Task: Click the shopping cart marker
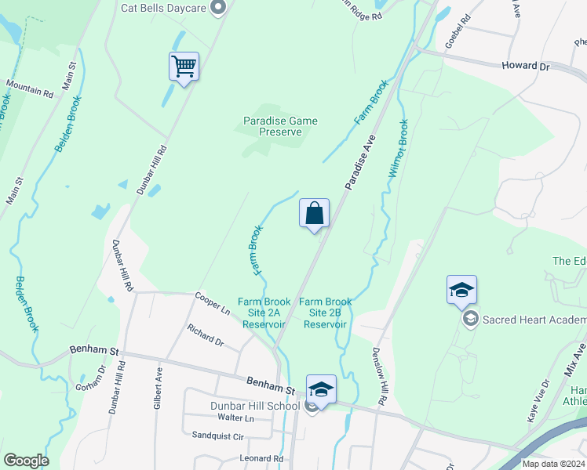point(184,67)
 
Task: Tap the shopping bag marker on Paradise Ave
point(314,214)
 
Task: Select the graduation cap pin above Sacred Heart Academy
point(461,291)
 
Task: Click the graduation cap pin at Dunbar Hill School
point(321,389)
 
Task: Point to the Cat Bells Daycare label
point(163,8)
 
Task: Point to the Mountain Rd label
point(30,88)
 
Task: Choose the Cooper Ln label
point(212,303)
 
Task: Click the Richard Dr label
point(206,335)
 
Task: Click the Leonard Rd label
point(261,458)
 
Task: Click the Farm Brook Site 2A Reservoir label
point(264,313)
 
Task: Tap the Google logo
point(26,461)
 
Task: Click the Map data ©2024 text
point(552,464)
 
